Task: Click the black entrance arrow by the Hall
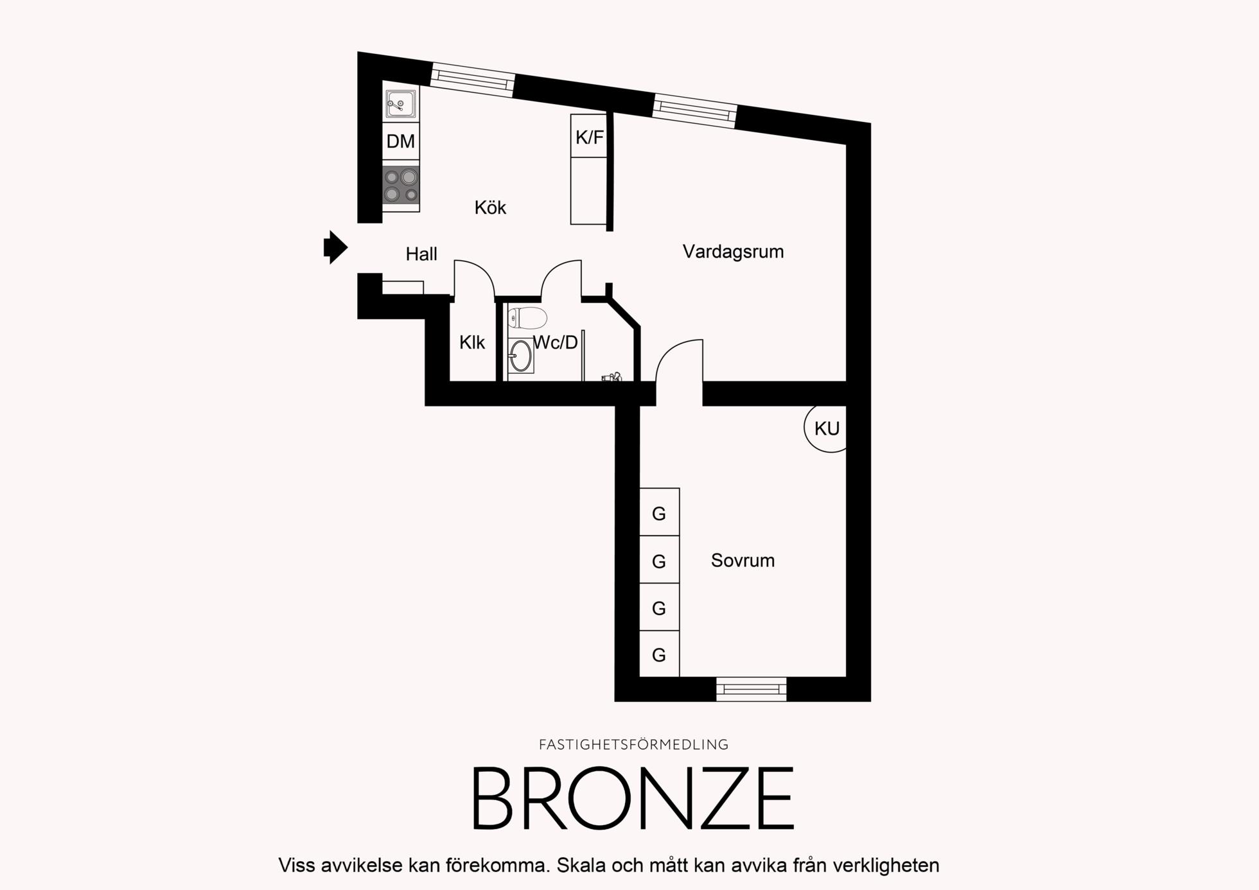[335, 247]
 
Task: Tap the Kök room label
[490, 207]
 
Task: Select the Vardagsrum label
[733, 252]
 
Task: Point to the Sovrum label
[743, 561]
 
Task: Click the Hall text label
[421, 254]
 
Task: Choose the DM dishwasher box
[401, 141]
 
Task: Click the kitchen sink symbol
[401, 103]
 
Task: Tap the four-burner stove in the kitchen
[401, 186]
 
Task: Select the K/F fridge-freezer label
[589, 137]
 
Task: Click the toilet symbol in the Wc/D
[527, 317]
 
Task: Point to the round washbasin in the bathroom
[521, 355]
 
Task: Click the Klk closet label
[472, 343]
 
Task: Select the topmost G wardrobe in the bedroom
[659, 512]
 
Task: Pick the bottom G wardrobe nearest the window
[659, 654]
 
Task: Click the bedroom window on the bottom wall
[752, 689]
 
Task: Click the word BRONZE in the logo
[633, 798]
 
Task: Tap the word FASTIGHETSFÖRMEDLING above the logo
[633, 745]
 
